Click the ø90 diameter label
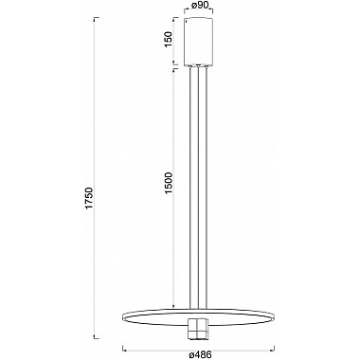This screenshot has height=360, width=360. tap(199, 6)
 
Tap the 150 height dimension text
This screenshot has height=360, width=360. tap(169, 39)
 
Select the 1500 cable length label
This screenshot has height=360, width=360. tap(169, 183)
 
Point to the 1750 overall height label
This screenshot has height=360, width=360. tap(90, 198)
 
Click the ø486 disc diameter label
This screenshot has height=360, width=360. tap(200, 354)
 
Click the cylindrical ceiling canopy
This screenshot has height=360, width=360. tap(199, 42)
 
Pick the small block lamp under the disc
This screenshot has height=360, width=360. tap(198, 330)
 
